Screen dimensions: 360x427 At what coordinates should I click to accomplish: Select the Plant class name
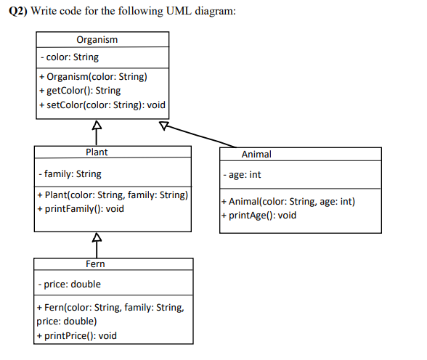tap(97, 152)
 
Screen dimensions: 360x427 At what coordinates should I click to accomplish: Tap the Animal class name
tap(256, 154)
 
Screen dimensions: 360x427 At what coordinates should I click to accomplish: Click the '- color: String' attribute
tap(70, 57)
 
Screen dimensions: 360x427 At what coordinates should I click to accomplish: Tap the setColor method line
tap(102, 105)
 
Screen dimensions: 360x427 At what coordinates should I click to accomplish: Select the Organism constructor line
tap(94, 77)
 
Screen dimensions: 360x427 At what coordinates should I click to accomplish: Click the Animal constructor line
tap(288, 202)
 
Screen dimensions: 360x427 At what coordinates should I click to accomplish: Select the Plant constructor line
tap(113, 195)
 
